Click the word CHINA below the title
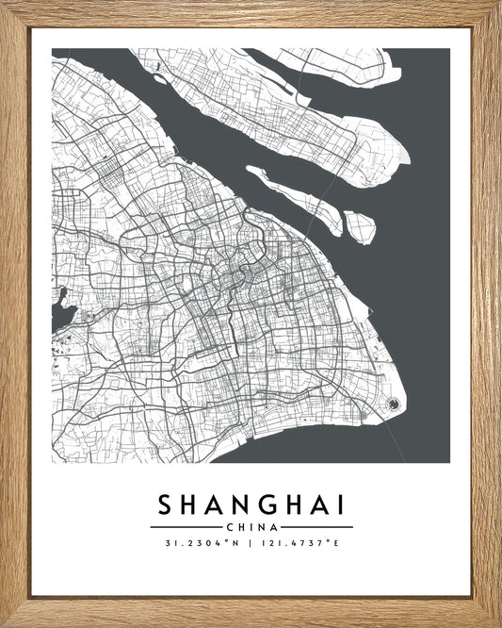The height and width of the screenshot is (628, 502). coord(251,526)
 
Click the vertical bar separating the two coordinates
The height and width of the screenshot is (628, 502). coord(251,542)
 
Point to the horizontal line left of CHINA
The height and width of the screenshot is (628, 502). coord(186,526)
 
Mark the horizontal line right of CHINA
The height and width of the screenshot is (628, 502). coord(316,526)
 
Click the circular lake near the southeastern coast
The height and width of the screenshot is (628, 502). coord(393,405)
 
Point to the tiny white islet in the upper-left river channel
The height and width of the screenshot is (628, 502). coord(159,79)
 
